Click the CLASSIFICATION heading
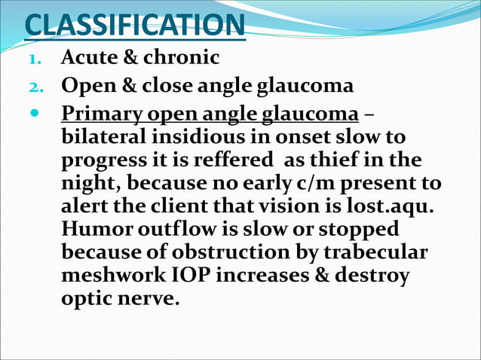(134, 24)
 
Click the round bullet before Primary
(35, 114)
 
